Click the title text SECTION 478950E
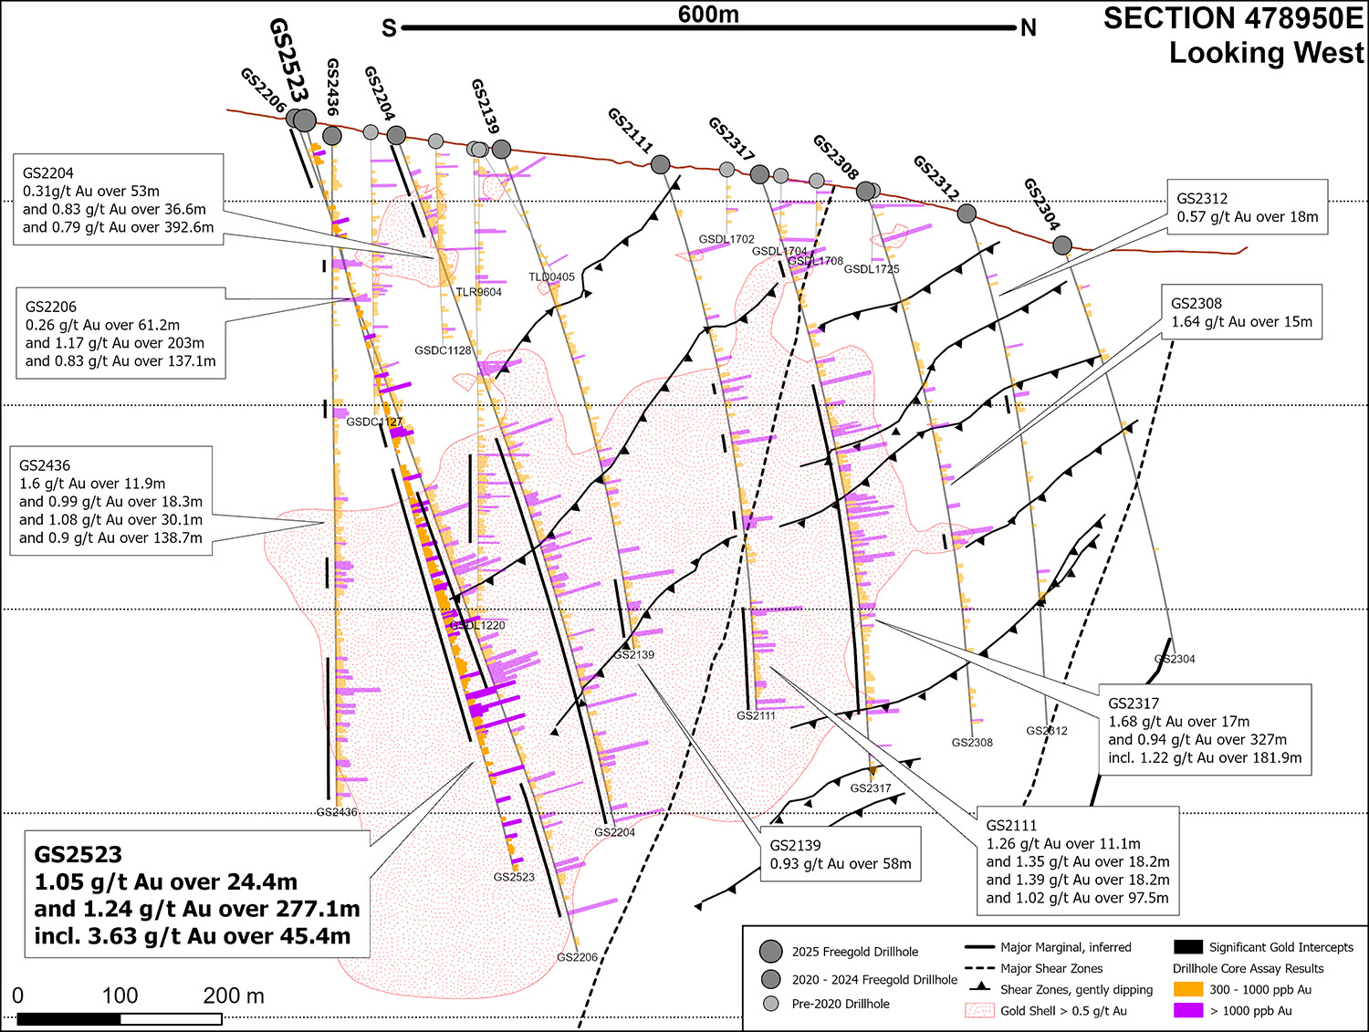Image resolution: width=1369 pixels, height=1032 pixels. tap(1233, 18)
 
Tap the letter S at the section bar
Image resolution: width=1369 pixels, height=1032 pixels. tap(389, 28)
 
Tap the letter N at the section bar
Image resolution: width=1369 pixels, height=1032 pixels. tap(1029, 28)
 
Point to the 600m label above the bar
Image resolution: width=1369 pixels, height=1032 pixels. tap(708, 14)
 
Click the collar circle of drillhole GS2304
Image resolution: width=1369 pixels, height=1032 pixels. tap(1061, 245)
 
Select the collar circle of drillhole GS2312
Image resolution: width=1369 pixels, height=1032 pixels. tap(967, 214)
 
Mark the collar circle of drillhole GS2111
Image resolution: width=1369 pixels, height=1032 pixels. tap(660, 164)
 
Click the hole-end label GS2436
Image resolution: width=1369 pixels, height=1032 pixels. tap(337, 812)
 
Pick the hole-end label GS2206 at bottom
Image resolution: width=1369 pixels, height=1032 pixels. tap(577, 957)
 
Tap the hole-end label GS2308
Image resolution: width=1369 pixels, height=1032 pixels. tap(972, 742)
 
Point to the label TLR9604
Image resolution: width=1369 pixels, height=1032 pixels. tap(478, 292)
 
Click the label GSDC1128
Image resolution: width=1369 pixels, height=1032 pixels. tap(443, 350)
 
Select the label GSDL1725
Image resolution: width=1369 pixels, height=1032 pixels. tap(872, 269)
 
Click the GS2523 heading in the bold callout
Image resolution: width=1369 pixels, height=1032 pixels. tap(78, 855)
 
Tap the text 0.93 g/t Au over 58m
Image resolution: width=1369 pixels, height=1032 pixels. tap(841, 863)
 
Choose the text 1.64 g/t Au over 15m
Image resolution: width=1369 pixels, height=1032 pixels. tap(1241, 321)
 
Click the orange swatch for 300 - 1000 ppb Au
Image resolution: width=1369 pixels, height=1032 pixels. tap(1187, 989)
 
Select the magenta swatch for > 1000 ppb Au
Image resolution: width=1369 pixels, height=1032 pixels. tap(1187, 1010)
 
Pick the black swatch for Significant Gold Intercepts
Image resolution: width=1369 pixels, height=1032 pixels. tap(1187, 947)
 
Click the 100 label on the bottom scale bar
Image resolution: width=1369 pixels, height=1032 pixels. tap(120, 995)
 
